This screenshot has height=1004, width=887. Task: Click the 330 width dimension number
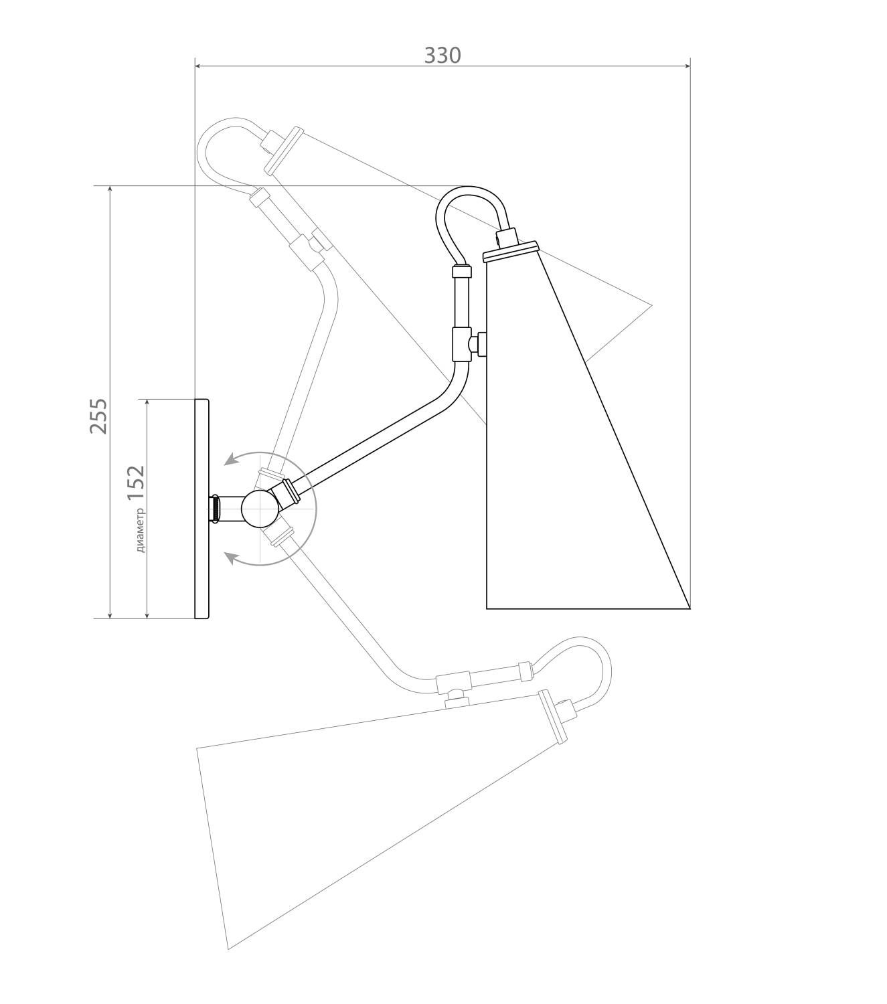[442, 56]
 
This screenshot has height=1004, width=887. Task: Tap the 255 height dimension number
[98, 416]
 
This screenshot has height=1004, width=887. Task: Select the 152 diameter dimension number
[135, 483]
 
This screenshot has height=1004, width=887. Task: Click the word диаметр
[141, 529]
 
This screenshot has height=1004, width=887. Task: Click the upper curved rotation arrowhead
[230, 461]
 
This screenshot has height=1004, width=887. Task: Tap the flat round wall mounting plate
[202, 509]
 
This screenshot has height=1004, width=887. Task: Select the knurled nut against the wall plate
[215, 509]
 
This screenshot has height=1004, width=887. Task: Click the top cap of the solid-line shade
[511, 252]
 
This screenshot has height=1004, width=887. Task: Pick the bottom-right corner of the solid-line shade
[690, 608]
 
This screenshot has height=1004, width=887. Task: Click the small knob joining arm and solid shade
[478, 343]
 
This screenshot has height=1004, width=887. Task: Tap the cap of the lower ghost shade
[552, 724]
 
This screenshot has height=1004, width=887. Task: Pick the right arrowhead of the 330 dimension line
[687, 65]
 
